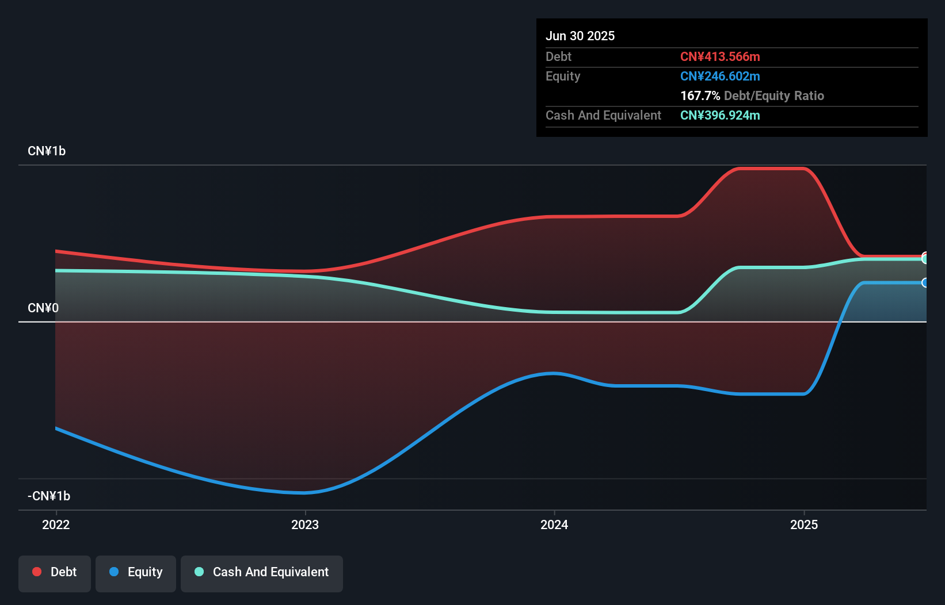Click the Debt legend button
55,573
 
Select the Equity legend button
136,573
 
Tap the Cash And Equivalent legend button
262,573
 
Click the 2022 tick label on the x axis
56,524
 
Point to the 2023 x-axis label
305,524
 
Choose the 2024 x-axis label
554,524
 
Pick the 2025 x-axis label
804,524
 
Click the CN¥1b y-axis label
47,151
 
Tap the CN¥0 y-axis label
43,308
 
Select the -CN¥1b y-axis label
49,496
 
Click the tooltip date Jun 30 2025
580,36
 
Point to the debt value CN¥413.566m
720,56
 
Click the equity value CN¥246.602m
720,76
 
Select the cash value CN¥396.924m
720,115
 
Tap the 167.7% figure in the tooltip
700,95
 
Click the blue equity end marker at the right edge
925,282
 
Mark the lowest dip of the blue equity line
303,493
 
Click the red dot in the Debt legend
37,572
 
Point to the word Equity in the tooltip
563,76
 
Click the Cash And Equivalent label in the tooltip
603,115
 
